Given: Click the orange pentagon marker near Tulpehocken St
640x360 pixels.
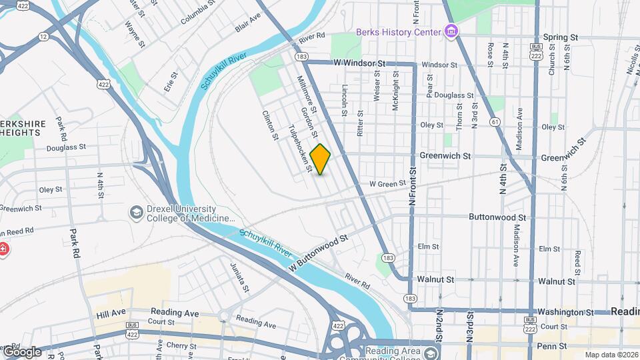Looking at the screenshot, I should tap(320, 160).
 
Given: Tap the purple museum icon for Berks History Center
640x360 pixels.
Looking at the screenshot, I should tap(452, 31).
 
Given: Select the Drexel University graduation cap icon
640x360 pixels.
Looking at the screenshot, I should tap(137, 212).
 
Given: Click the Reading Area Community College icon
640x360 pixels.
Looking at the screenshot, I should tap(432, 354).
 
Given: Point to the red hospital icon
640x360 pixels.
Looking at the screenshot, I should tap(2, 250).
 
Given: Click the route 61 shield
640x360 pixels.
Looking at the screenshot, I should tap(494, 121).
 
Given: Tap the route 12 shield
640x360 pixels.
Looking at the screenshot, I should tap(43, 35).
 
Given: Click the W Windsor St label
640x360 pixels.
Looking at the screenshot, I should tap(360, 63).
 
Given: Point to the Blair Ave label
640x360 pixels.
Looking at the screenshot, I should tap(247, 25).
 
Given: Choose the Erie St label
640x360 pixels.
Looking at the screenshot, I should tap(171, 81).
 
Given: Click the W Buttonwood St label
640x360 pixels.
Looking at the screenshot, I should tap(319, 253).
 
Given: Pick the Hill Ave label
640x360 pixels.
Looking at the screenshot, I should tap(111, 313).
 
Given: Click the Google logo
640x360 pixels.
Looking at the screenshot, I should tap(21, 351).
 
